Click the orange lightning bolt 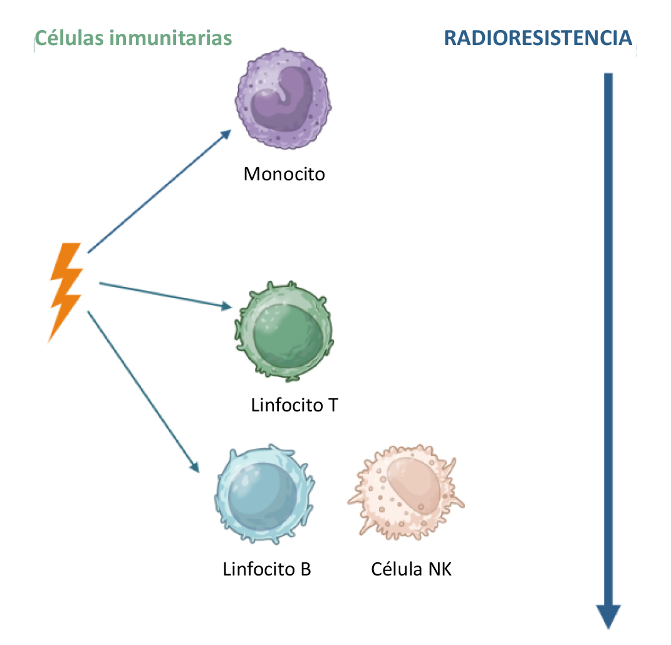[x=66, y=291]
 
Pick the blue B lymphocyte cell [x=263, y=492]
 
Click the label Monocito [x=284, y=173]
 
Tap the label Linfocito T [x=294, y=405]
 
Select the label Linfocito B [x=267, y=569]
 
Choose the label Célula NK [x=411, y=569]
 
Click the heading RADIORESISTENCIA [x=538, y=38]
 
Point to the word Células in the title [x=70, y=38]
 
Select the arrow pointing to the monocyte [x=160, y=190]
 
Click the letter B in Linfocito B [x=305, y=569]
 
